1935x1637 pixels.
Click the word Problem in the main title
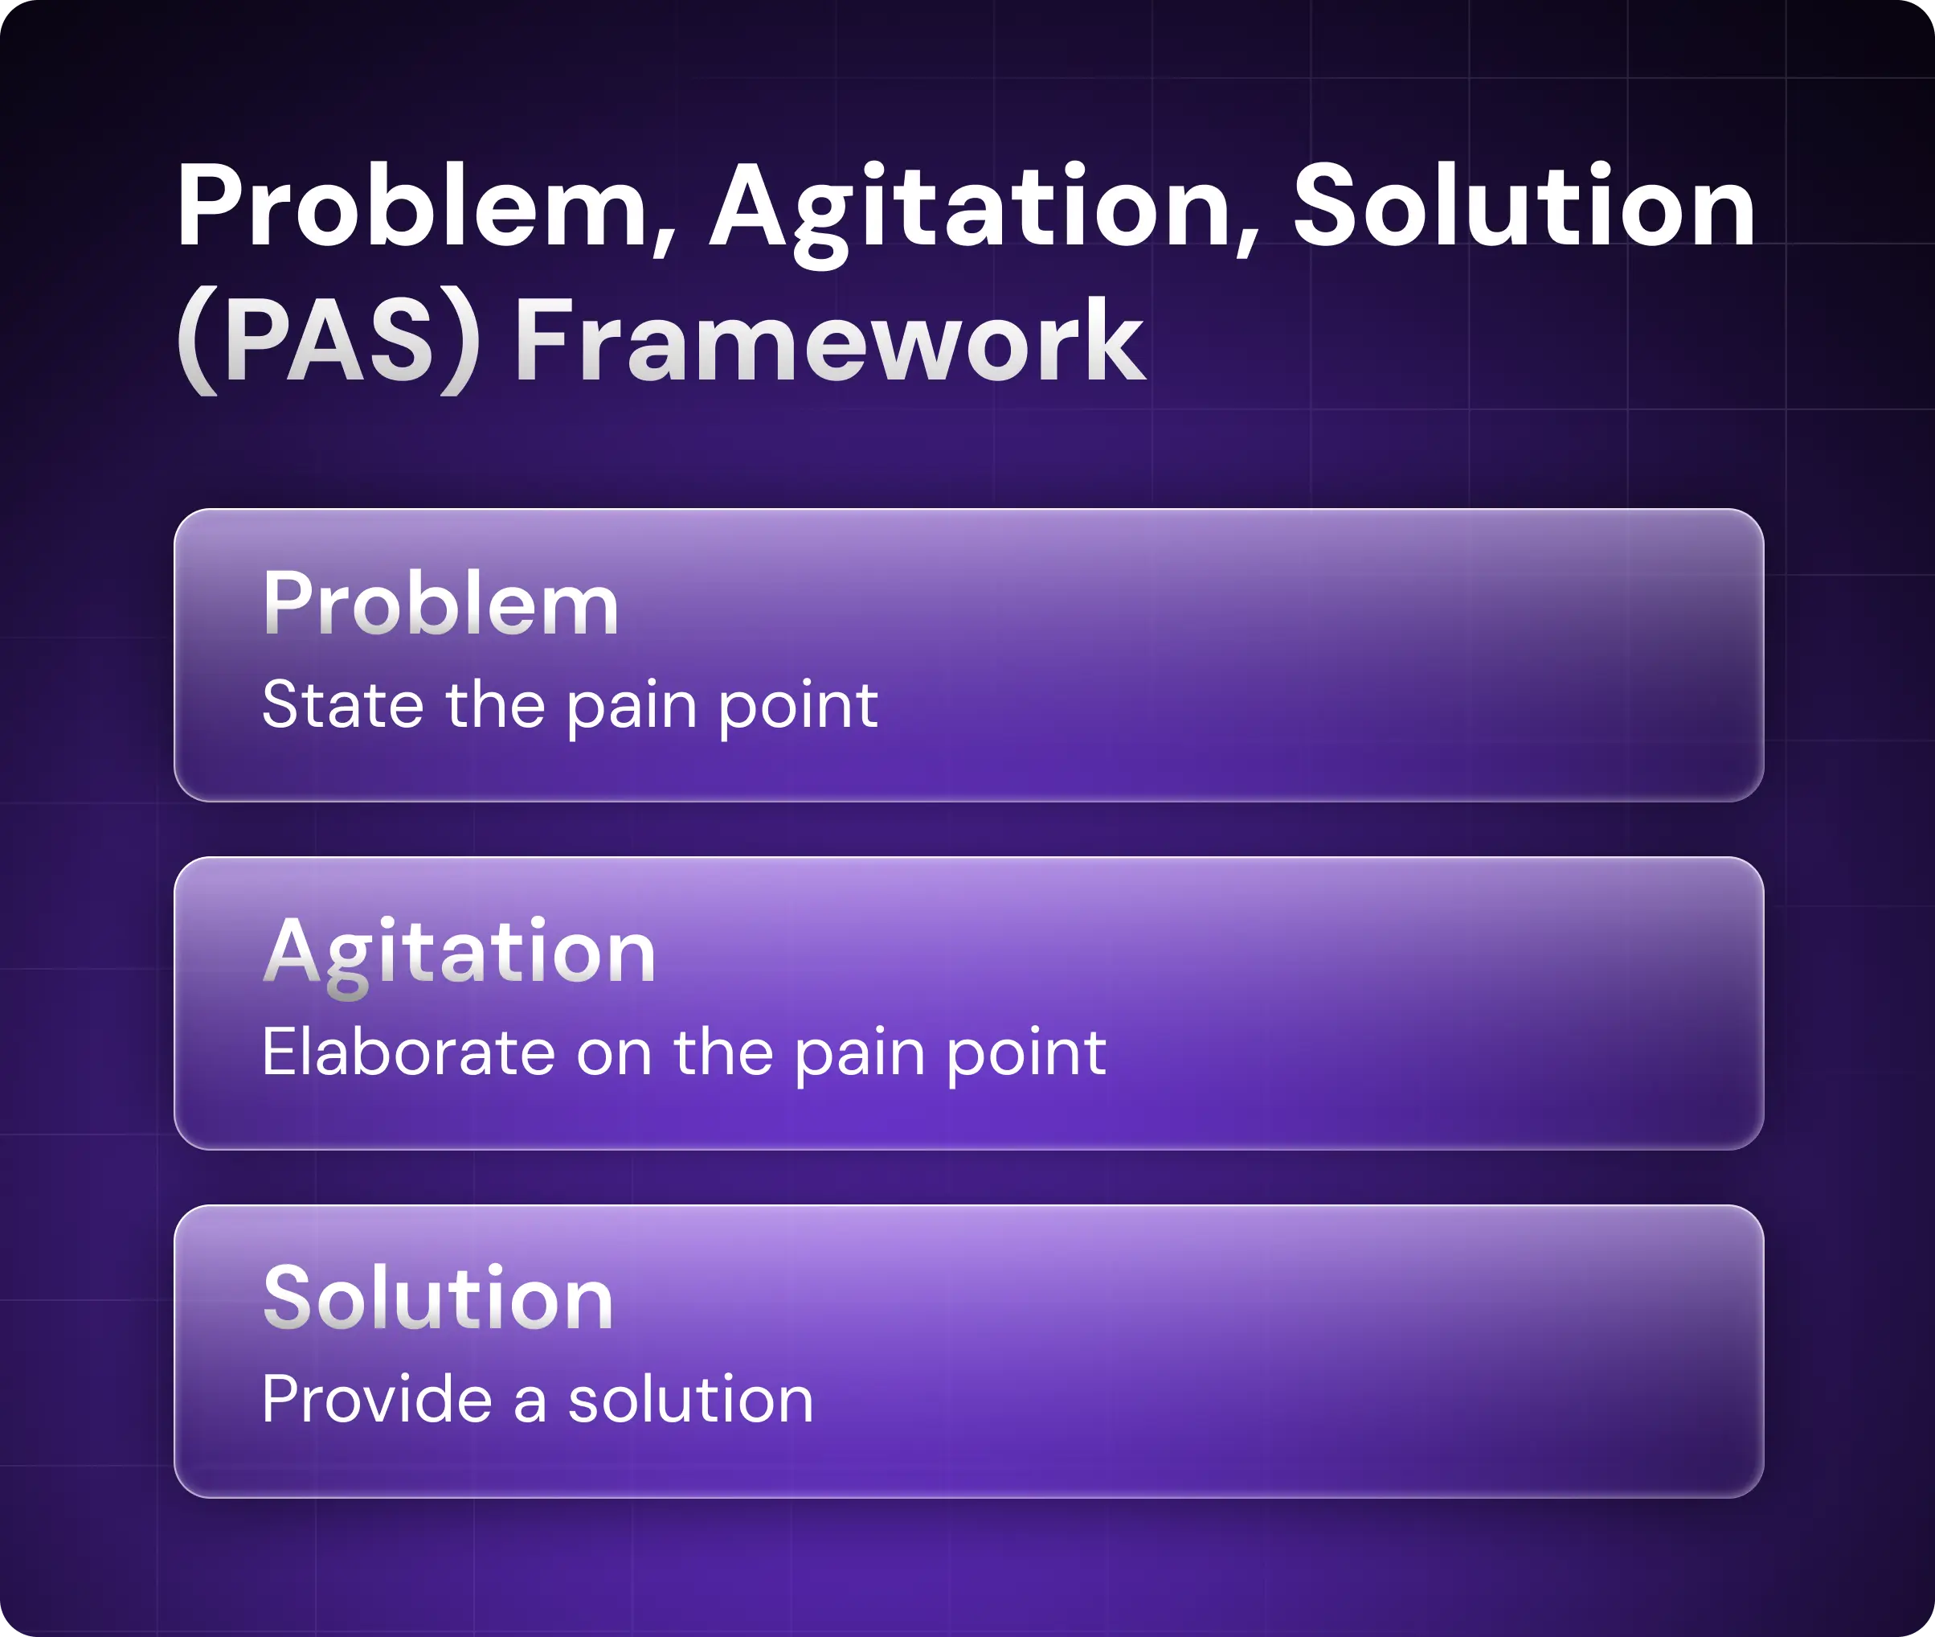pos(412,205)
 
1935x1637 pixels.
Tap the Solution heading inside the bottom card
pos(438,1299)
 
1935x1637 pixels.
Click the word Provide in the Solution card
pos(377,1400)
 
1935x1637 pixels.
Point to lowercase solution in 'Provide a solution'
pos(691,1400)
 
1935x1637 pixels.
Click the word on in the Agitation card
pos(614,1059)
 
